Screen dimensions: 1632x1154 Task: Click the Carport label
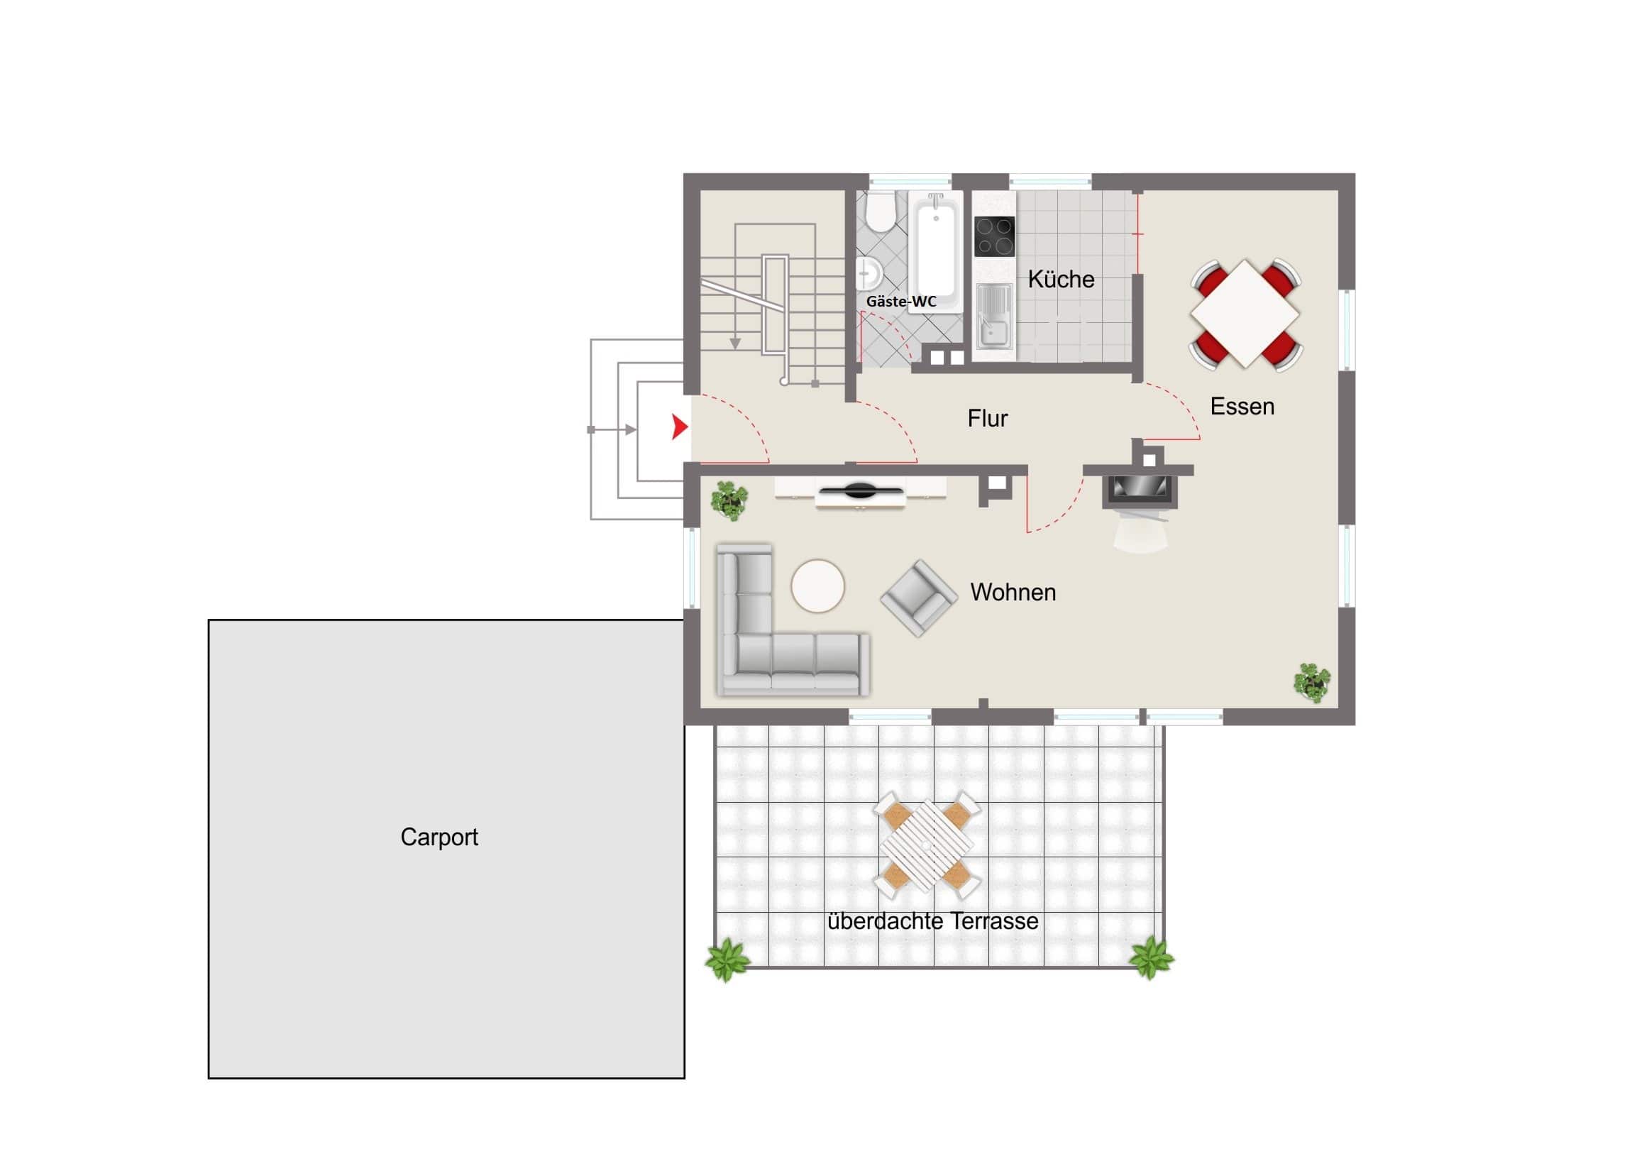coord(439,837)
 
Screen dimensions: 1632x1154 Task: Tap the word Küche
coord(1061,279)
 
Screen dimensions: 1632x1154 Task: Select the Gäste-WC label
coord(900,302)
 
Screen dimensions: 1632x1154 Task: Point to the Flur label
coord(987,418)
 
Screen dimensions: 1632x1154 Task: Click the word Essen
coord(1242,406)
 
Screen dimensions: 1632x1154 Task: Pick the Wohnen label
coord(1013,592)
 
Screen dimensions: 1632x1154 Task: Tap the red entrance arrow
coord(680,427)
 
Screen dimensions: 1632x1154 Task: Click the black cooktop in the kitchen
coord(994,236)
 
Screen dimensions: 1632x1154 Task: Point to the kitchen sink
coord(993,317)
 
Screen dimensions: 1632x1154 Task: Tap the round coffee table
coord(817,586)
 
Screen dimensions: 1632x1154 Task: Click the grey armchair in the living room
coord(918,598)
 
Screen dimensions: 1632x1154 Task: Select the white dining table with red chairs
coord(1245,314)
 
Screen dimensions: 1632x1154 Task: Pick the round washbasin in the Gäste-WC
coord(869,273)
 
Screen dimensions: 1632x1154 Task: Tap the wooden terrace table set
coord(927,845)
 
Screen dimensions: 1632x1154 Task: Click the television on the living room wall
coord(860,490)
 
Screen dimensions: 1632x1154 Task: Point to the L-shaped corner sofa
coord(791,620)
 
